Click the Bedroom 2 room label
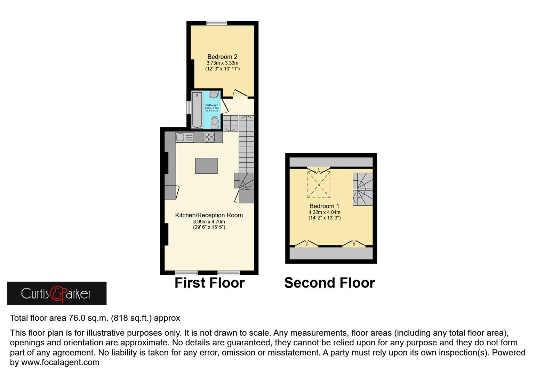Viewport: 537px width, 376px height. click(x=222, y=57)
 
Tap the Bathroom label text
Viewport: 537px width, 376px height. click(x=212, y=105)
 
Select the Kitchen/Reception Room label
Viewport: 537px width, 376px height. click(x=209, y=215)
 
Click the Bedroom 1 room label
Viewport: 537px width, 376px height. click(x=324, y=206)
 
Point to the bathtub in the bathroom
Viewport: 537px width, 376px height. click(x=197, y=109)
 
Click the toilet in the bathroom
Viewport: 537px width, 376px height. click(x=215, y=122)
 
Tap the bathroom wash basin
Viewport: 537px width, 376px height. click(x=214, y=94)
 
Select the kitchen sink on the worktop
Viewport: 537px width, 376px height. click(x=184, y=137)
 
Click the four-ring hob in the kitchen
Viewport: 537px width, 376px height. click(x=209, y=137)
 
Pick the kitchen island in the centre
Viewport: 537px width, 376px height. click(x=206, y=166)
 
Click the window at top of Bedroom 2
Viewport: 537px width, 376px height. click(x=216, y=23)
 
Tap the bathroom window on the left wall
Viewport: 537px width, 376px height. click(x=189, y=108)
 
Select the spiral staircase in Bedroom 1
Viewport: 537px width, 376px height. click(x=363, y=189)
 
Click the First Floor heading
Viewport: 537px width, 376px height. click(x=209, y=283)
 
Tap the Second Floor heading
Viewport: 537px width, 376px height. click(x=329, y=283)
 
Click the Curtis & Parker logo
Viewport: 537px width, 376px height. click(x=57, y=293)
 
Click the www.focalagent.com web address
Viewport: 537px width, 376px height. click(x=60, y=362)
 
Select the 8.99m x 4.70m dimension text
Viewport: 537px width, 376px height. click(x=209, y=221)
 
